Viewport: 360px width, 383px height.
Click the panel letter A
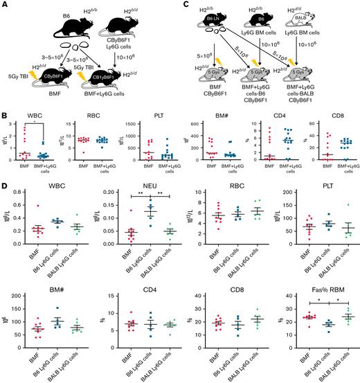[5, 5]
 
